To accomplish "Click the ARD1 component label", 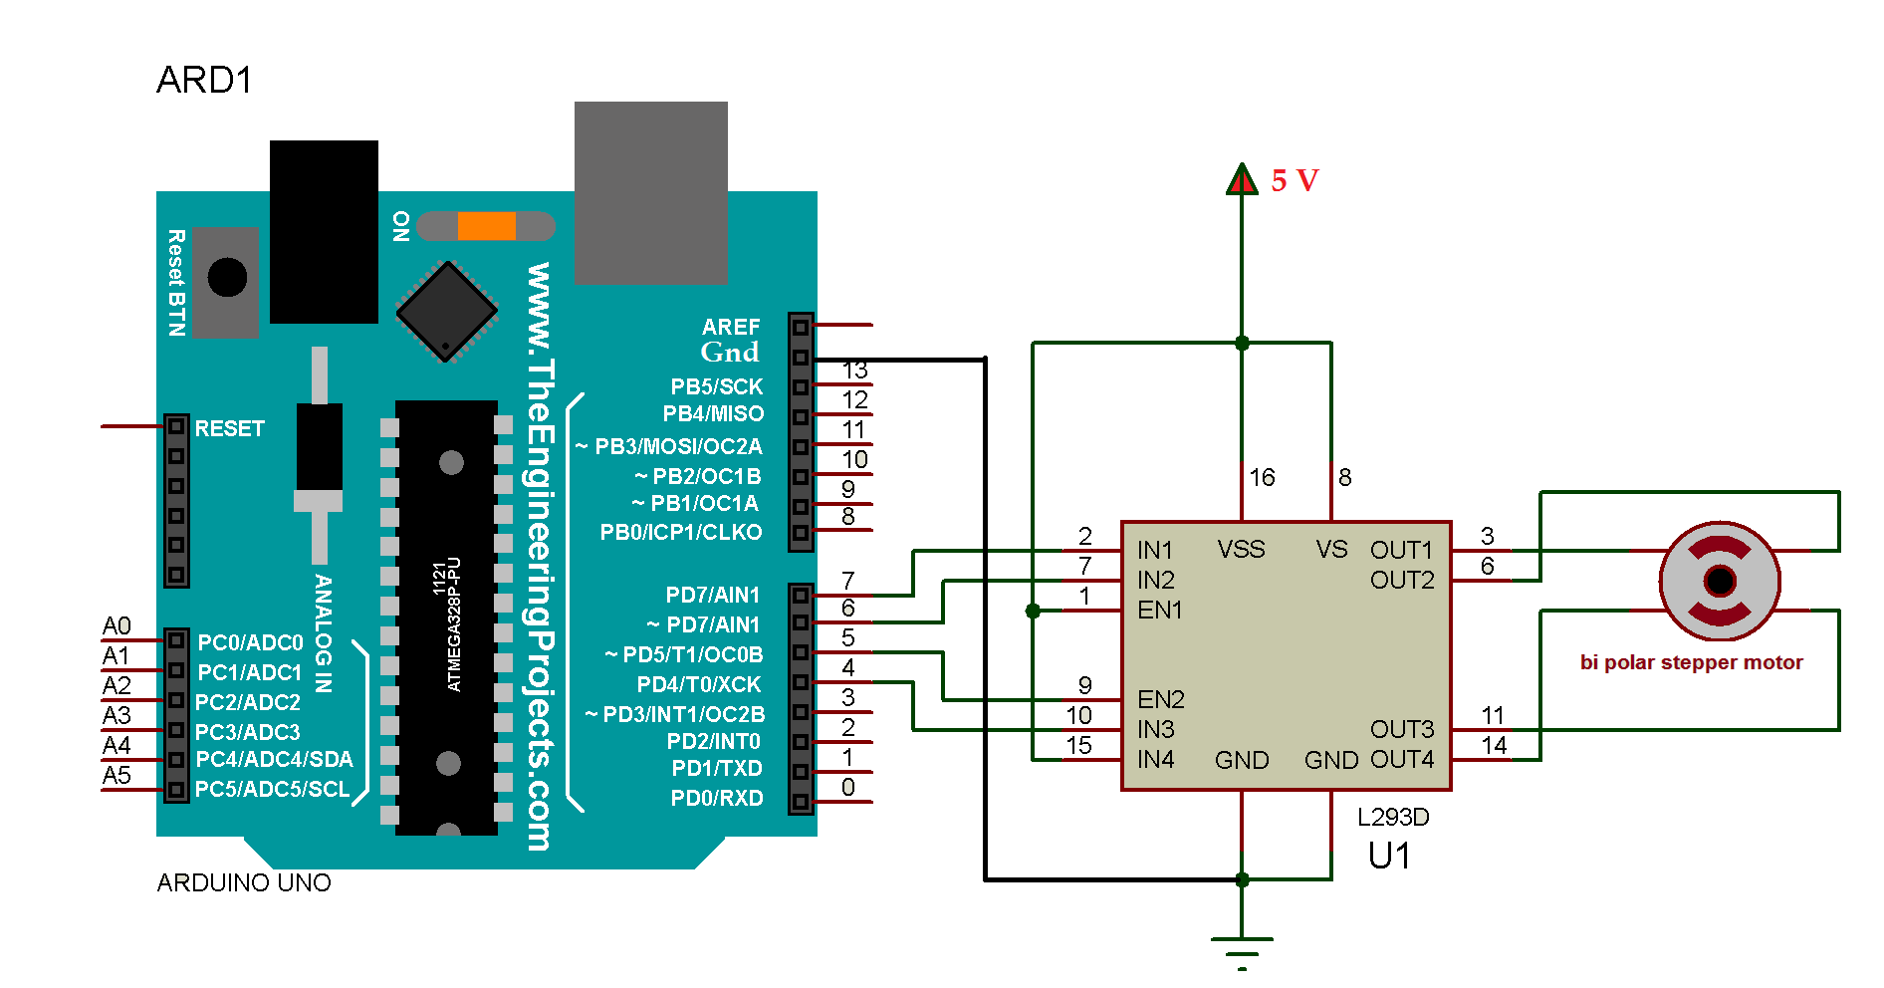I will tap(204, 80).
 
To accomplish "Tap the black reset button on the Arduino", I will tap(227, 278).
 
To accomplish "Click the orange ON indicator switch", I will tap(486, 226).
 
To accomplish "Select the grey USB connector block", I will tap(651, 192).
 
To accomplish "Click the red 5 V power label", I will tap(1295, 180).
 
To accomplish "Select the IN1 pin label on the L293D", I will tap(1155, 550).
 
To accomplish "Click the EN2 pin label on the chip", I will tap(1160, 699).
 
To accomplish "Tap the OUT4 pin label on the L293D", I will tap(1402, 760).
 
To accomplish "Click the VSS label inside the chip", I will tap(1241, 550).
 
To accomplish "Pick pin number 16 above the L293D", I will tap(1262, 478).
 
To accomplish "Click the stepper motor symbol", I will tap(1720, 581).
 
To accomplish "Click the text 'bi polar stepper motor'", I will tap(1691, 662).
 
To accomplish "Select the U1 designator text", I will tap(1388, 857).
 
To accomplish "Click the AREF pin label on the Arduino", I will tap(731, 327).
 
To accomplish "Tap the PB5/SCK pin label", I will tap(716, 386).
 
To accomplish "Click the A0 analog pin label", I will tap(117, 625).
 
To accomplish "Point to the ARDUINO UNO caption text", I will tap(244, 883).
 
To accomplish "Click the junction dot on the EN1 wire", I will tap(1033, 611).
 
